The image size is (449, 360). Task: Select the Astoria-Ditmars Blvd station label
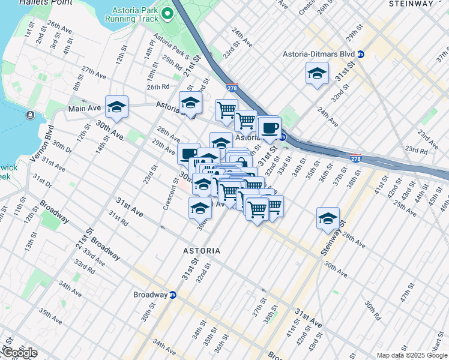coord(319,54)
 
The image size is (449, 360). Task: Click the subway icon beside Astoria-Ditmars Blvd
coord(360,54)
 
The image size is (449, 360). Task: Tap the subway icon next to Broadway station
coord(173,295)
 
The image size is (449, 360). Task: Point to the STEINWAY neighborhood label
coord(411,4)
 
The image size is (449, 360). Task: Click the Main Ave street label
coord(85,109)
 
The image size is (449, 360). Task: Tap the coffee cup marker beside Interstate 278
coord(270,127)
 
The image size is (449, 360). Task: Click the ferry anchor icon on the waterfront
coord(30,115)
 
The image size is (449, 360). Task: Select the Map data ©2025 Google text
coord(412,355)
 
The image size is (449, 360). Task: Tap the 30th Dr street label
coord(62,146)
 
